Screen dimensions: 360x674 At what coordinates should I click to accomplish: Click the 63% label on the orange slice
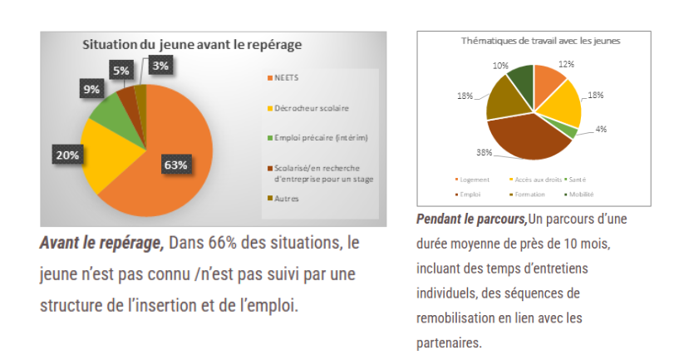pos(175,165)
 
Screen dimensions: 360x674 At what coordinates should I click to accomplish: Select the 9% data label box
pos(91,88)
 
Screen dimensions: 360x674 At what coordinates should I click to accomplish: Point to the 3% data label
pos(162,65)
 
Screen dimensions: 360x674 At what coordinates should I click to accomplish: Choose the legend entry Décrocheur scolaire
pos(306,108)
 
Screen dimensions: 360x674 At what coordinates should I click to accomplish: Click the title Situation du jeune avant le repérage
pos(191,44)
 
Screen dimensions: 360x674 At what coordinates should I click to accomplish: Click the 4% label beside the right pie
pos(600,129)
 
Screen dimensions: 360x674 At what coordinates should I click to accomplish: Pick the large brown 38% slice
pos(532,137)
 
